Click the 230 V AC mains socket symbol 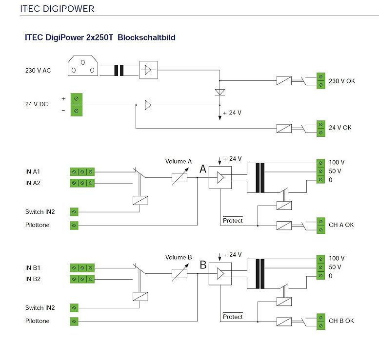(x=82, y=66)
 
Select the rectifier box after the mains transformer (x=148, y=70)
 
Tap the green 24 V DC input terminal (x=76, y=104)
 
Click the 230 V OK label (x=342, y=81)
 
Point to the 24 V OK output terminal (x=320, y=128)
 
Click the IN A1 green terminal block (x=81, y=172)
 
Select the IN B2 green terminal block (x=81, y=279)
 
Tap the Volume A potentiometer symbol (x=179, y=178)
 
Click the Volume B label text (x=179, y=257)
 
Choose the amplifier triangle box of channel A (x=220, y=178)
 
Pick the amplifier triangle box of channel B (x=220, y=274)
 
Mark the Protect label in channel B (x=233, y=317)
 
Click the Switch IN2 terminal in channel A (x=74, y=212)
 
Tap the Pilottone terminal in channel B (x=74, y=321)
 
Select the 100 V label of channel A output (x=337, y=163)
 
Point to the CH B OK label (x=341, y=321)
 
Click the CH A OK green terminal (x=320, y=225)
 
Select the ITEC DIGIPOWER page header (x=57, y=9)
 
